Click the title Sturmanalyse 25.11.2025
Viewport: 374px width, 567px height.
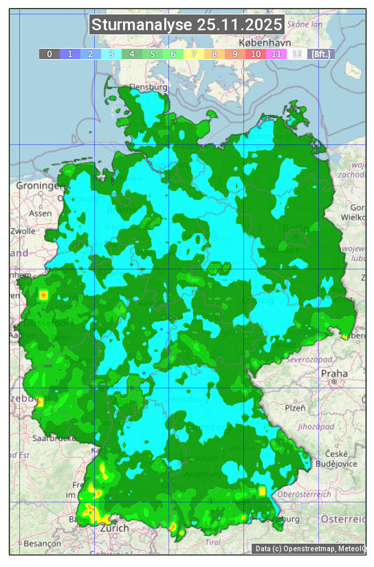186,25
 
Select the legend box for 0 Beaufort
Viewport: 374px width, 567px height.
49,54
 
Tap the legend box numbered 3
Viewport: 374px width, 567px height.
111,54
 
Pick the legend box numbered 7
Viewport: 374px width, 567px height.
193,54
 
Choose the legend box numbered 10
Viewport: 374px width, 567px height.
255,54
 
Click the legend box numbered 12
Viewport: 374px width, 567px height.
296,54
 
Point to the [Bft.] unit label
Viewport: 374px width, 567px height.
320,54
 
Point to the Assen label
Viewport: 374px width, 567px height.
41,214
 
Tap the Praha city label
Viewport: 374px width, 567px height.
333,374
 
